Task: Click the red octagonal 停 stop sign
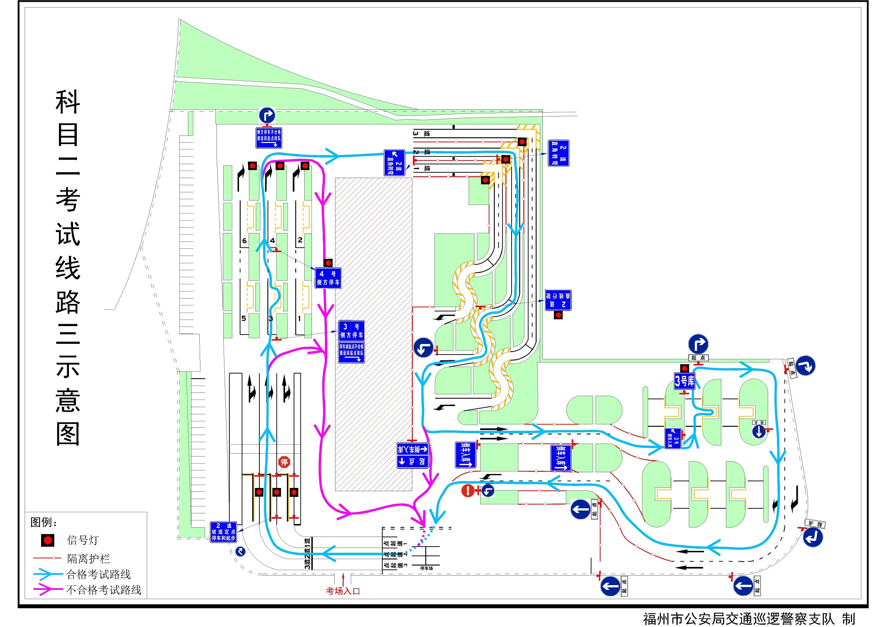(284, 462)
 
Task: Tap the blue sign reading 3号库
(684, 381)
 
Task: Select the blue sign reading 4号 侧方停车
(328, 278)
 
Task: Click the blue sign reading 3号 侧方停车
(351, 331)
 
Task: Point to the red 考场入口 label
(343, 591)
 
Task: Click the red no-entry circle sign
(468, 491)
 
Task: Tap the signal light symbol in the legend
(48, 540)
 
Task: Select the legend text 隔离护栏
(88, 558)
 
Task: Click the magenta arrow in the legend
(47, 589)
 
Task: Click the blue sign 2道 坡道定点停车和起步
(223, 532)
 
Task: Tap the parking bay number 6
(244, 241)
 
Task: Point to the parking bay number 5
(244, 319)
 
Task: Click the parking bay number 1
(299, 319)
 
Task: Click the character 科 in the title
(68, 102)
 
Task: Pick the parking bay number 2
(300, 240)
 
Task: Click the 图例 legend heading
(44, 522)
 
